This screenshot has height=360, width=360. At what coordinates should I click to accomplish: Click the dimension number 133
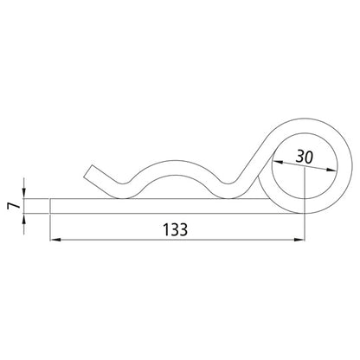pyautogui.click(x=175, y=229)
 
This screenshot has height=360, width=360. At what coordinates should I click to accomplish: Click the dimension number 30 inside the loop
pyautogui.click(x=305, y=157)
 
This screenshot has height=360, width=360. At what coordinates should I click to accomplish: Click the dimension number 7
pyautogui.click(x=14, y=206)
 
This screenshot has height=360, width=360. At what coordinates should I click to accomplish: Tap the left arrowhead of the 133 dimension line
pyautogui.click(x=55, y=240)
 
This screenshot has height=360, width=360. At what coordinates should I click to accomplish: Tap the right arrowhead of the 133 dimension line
pyautogui.click(x=299, y=240)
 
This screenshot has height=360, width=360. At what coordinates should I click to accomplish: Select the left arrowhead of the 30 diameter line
pyautogui.click(x=278, y=163)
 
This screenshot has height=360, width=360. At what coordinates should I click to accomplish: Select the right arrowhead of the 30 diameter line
pyautogui.click(x=331, y=170)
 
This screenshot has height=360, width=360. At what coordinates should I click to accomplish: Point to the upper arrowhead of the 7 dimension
pyautogui.click(x=23, y=193)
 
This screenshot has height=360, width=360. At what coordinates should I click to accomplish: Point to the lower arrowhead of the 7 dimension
pyautogui.click(x=23, y=219)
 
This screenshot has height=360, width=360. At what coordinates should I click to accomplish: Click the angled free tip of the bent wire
pyautogui.click(x=88, y=171)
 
